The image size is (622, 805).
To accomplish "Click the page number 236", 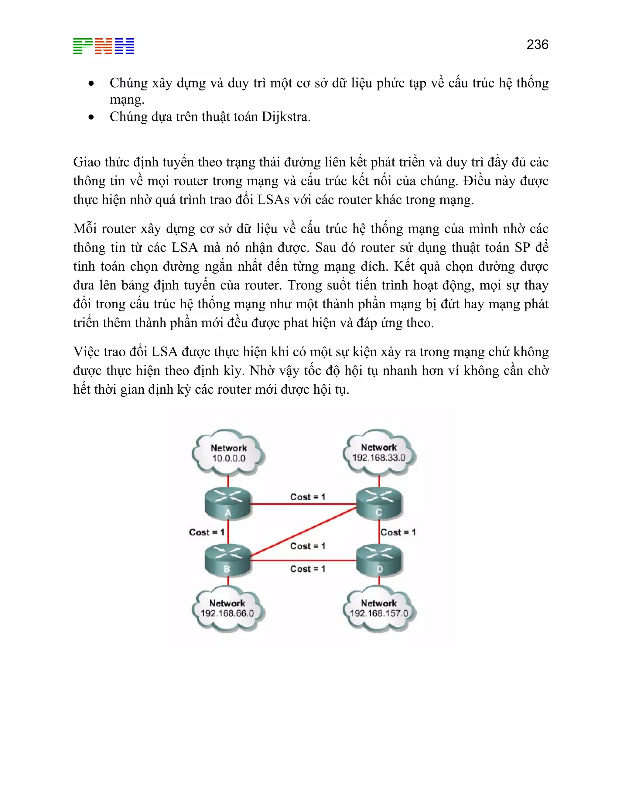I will (x=537, y=45).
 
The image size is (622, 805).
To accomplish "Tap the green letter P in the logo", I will (x=83, y=46).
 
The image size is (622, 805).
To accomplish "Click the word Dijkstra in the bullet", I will (x=286, y=117).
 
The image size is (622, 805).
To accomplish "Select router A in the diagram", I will (x=228, y=504).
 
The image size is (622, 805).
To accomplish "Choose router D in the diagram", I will (x=379, y=560).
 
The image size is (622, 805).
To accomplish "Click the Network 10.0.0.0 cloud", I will (x=228, y=453).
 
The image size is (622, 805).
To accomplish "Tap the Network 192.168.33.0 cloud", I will (x=379, y=452).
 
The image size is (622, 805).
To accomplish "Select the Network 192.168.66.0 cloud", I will (x=227, y=608).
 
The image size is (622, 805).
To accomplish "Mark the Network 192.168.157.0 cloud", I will (x=379, y=608).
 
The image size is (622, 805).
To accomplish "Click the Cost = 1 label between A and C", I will (x=308, y=497).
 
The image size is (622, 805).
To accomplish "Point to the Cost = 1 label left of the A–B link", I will (x=206, y=532).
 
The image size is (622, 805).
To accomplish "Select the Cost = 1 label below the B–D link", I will (x=308, y=569).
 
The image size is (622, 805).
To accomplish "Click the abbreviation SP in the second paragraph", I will (x=522, y=248).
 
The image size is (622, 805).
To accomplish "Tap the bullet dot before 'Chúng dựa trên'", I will (x=91, y=118).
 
